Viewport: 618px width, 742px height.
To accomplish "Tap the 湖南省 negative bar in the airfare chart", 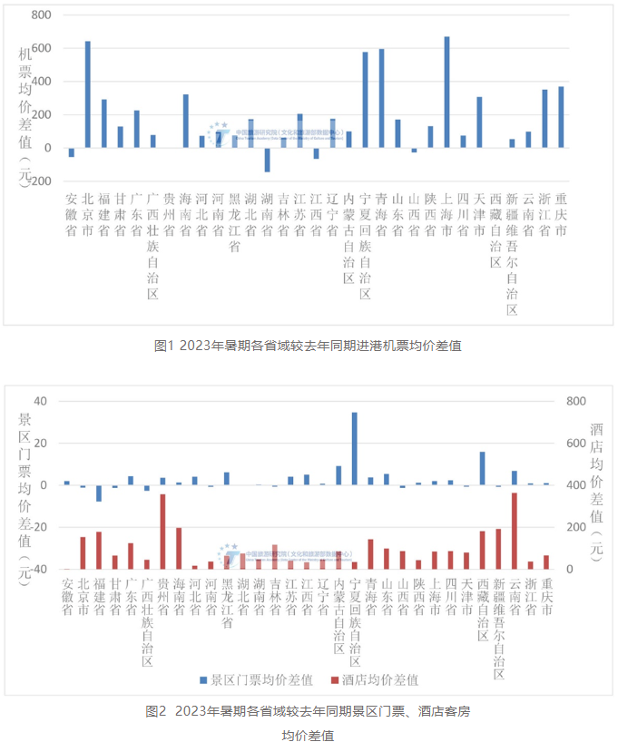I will click(267, 160).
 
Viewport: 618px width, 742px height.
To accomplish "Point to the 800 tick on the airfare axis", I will click(41, 15).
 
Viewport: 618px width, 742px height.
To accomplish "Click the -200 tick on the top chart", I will click(37, 181).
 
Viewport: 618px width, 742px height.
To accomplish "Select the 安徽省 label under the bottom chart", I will click(66, 598).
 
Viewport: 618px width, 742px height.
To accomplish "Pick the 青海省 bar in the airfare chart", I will click(381, 99).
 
